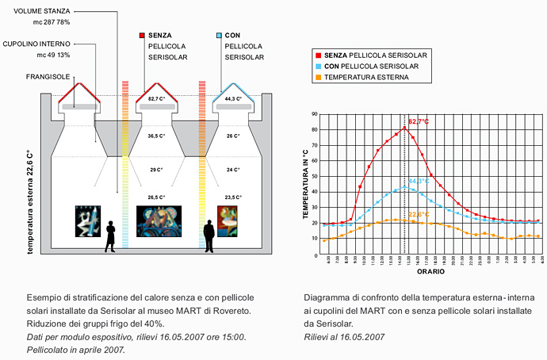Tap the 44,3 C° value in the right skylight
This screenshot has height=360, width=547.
click(232, 99)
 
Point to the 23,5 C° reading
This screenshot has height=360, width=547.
click(232, 197)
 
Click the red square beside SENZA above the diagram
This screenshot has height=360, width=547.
click(142, 36)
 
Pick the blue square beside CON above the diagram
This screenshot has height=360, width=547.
click(220, 36)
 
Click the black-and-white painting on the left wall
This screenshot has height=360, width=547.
click(88, 221)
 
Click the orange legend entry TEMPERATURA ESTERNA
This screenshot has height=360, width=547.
click(367, 77)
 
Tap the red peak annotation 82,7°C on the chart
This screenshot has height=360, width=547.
click(418, 121)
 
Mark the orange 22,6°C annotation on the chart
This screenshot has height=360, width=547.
click(419, 214)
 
